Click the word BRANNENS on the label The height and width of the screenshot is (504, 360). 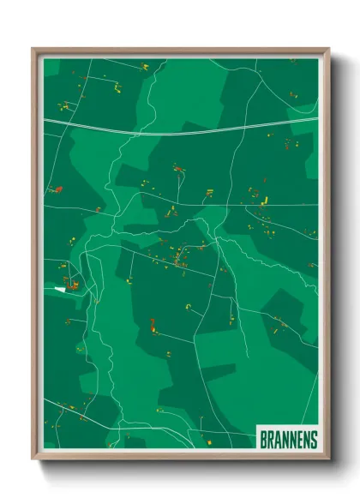[x=288, y=439]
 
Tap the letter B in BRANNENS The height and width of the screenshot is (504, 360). [x=263, y=439]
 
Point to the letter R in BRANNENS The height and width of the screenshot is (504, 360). [x=270, y=439]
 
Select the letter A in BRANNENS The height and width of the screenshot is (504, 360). [x=277, y=439]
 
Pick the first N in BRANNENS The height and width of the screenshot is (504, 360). [x=285, y=439]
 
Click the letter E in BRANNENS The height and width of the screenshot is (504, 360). [x=299, y=439]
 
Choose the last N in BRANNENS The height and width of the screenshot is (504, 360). [x=306, y=439]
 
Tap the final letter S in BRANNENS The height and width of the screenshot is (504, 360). [x=314, y=439]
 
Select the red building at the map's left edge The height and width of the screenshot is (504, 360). [x=57, y=189]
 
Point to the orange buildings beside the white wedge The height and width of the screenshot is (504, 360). [x=72, y=282]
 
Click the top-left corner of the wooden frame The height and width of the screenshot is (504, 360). [x=33, y=50]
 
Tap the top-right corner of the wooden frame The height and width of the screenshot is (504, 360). [x=328, y=50]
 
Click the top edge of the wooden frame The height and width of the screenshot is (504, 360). [x=180, y=50]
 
